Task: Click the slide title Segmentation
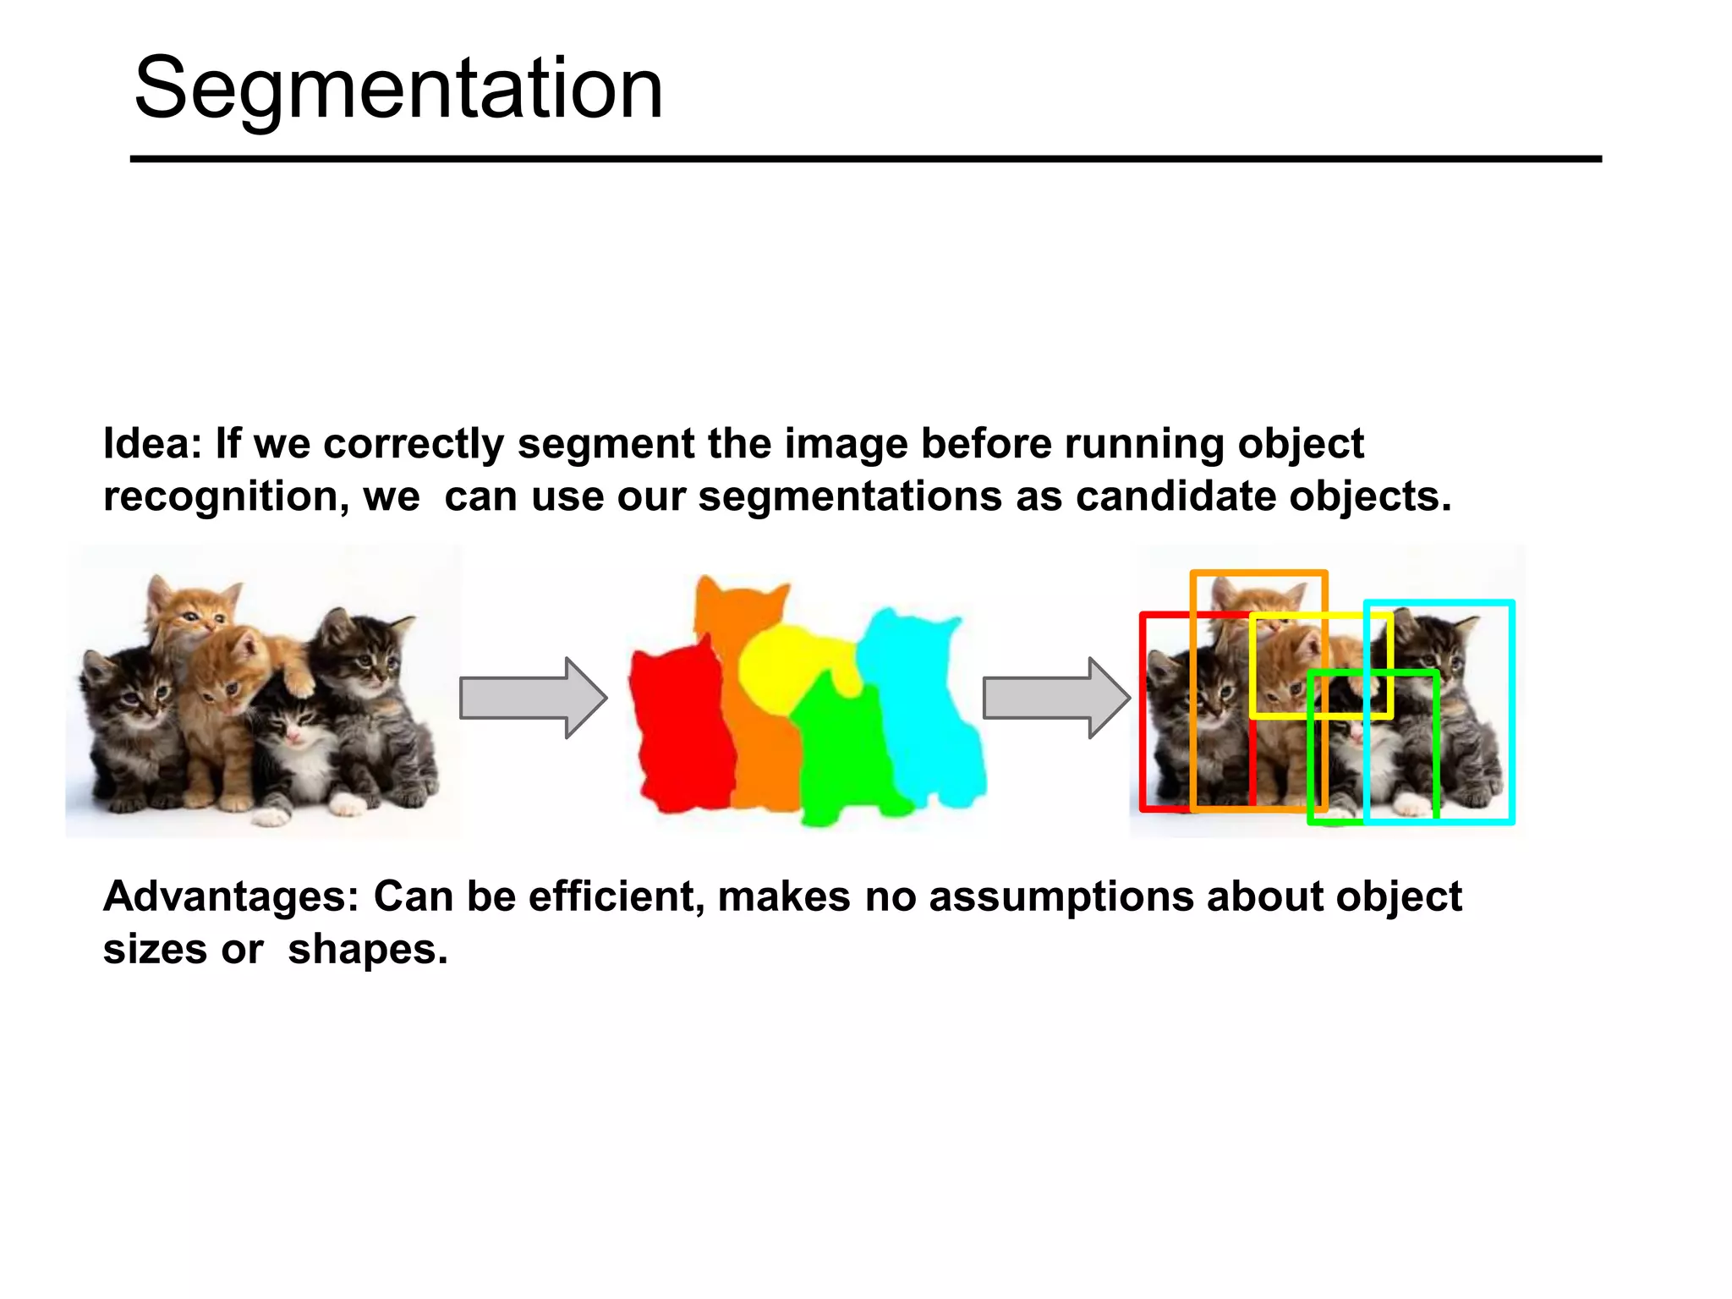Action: pyautogui.click(x=397, y=89)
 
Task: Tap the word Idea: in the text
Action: pyautogui.click(x=152, y=444)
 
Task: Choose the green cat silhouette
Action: pyautogui.click(x=841, y=753)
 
